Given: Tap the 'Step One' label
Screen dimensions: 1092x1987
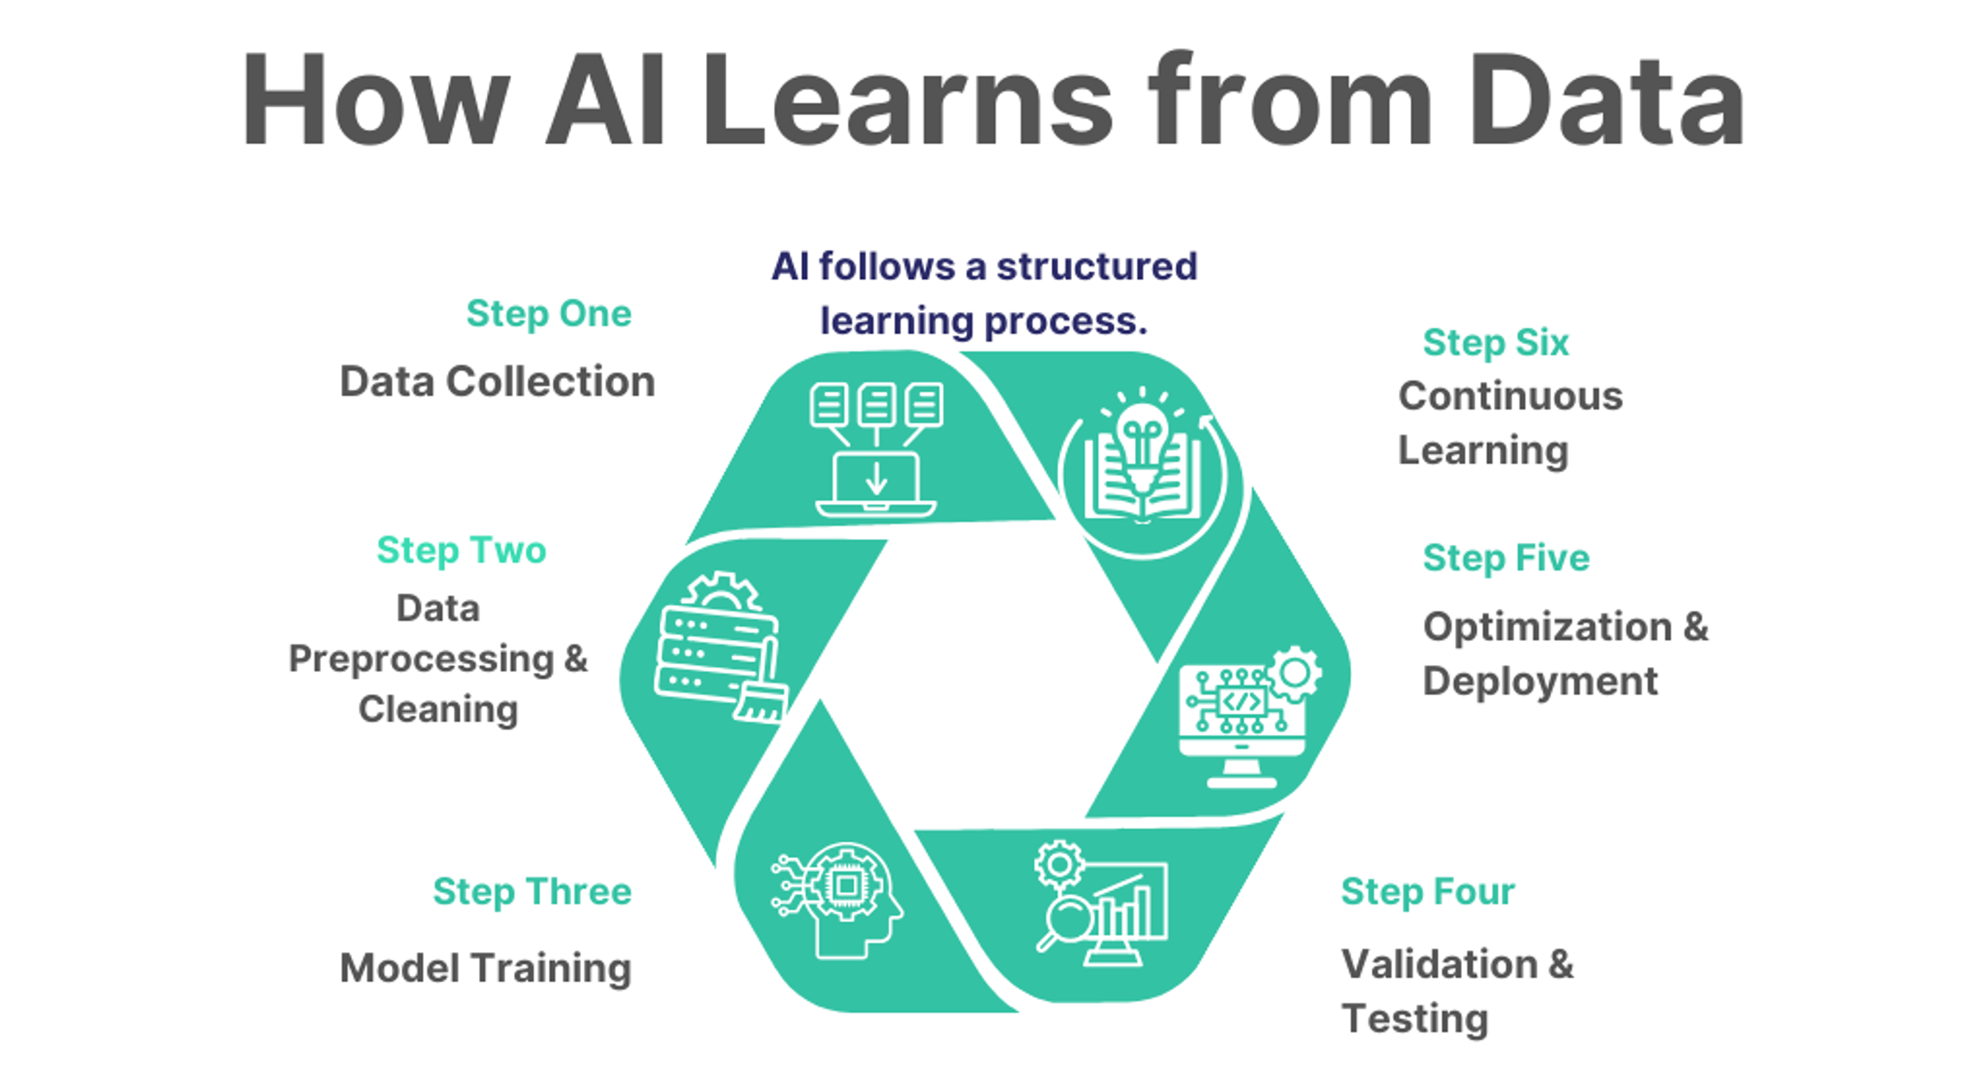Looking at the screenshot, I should click(548, 314).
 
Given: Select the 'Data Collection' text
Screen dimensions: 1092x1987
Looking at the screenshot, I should click(497, 382).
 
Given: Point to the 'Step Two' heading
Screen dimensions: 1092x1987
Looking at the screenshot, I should click(461, 550).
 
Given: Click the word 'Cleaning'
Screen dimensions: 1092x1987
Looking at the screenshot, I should click(438, 710).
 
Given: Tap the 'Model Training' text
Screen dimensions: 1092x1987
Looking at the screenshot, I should click(486, 968).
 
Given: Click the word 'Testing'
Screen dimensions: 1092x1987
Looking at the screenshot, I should click(1415, 1018).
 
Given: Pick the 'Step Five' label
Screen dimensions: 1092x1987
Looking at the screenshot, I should click(1506, 558).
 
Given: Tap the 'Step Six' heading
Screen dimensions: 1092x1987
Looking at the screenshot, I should click(1495, 342).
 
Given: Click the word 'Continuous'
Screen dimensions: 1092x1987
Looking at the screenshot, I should click(1510, 396).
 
